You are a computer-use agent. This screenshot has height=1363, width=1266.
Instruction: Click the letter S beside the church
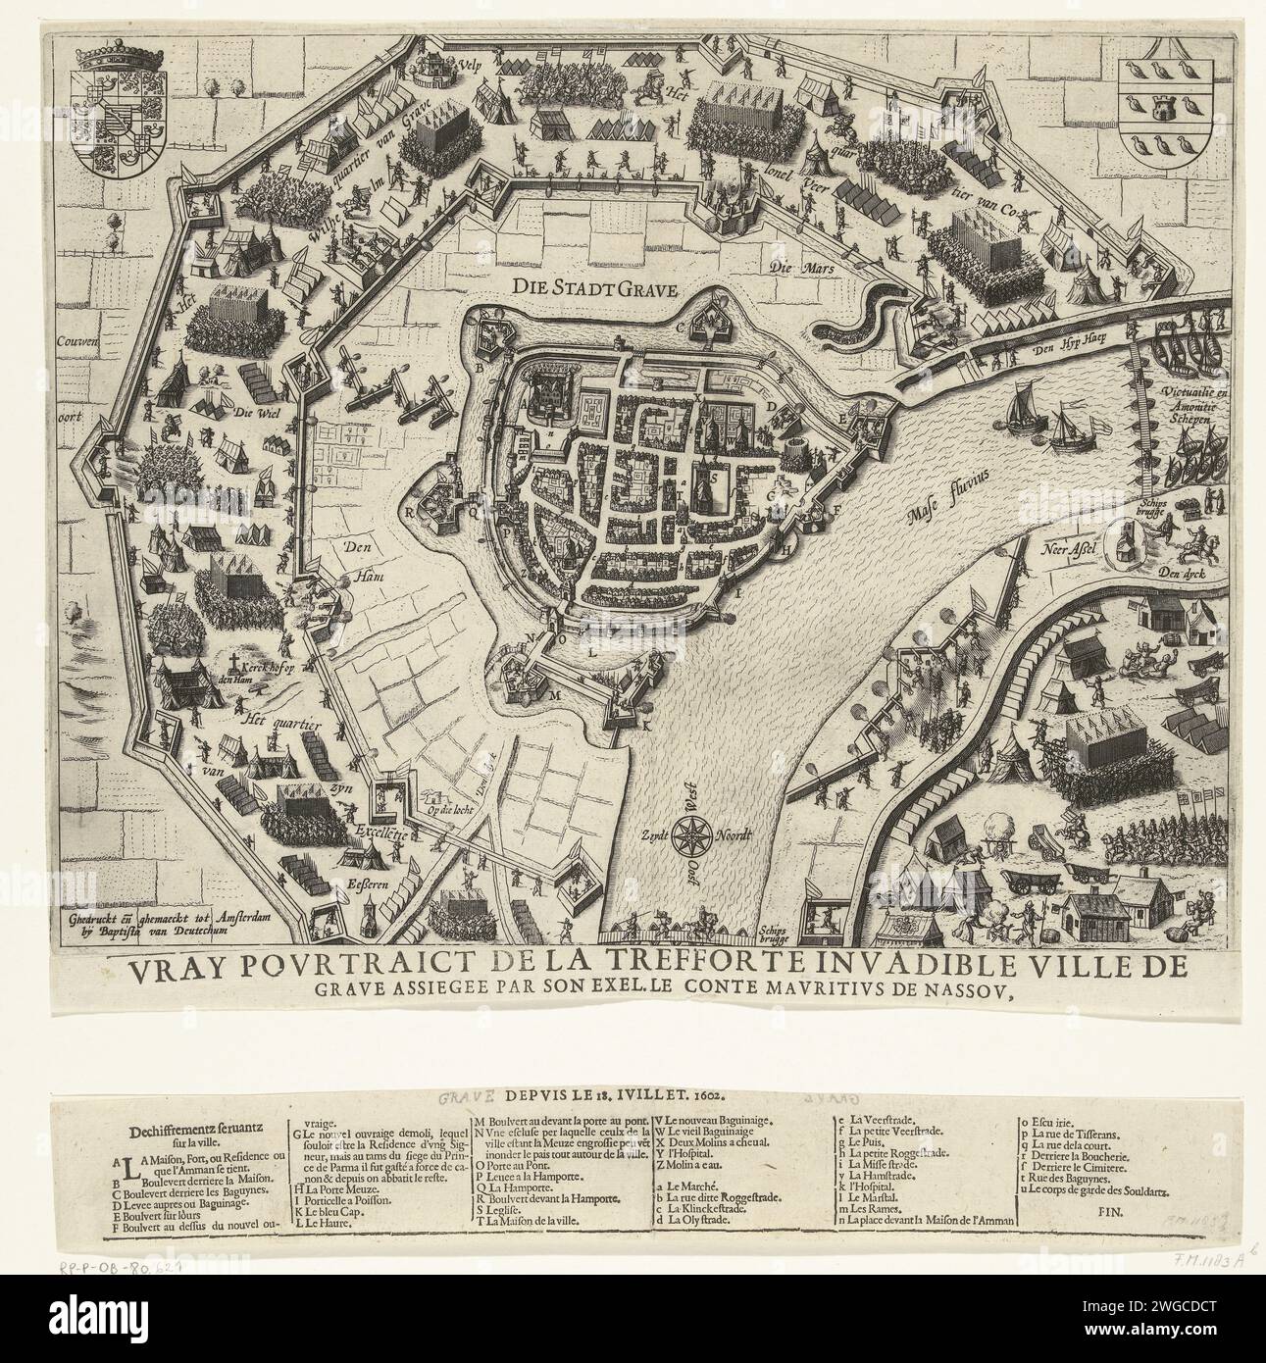(x=713, y=476)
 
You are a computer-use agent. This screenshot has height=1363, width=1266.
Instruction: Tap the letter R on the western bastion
(x=413, y=511)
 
